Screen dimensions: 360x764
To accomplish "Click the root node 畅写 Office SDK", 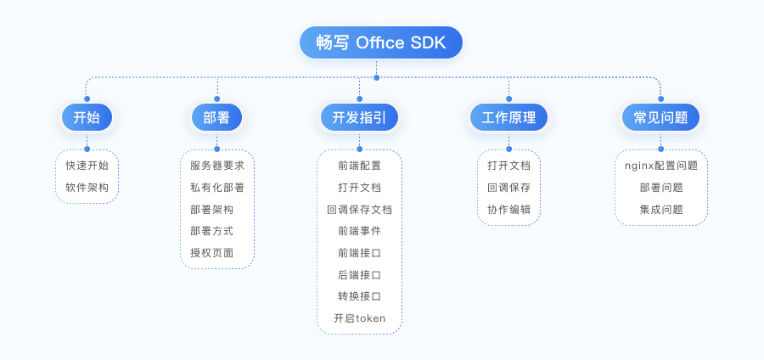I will tap(380, 43).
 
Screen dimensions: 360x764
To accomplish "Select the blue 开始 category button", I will tap(87, 118).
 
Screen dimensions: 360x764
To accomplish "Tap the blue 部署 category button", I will tap(216, 118).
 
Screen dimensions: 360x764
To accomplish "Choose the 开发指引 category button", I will tap(359, 118).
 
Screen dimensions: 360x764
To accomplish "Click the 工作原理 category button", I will tap(508, 118).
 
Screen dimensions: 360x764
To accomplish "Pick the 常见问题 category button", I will tap(660, 118).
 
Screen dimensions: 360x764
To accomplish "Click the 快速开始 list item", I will tap(87, 166).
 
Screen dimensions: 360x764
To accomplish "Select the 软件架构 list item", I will tap(87, 188).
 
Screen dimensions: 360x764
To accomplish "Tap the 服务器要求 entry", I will tap(217, 166).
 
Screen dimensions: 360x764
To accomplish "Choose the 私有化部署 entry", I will tap(217, 188).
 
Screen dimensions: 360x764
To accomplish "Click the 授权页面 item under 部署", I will tap(211, 253).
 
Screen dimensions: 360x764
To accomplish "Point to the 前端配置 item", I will tap(359, 166).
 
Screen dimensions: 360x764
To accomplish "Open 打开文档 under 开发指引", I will tap(359, 188).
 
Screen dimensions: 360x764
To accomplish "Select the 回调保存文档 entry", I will tap(359, 210).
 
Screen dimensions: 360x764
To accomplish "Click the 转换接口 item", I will tap(359, 296).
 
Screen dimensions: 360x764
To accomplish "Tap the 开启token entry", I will tap(359, 318).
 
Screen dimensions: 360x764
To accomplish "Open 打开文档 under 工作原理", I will tap(508, 166).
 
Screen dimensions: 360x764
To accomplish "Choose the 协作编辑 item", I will tap(508, 210).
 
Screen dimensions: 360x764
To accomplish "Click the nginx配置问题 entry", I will tap(661, 166).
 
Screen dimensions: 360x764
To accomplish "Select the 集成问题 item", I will tap(661, 210).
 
